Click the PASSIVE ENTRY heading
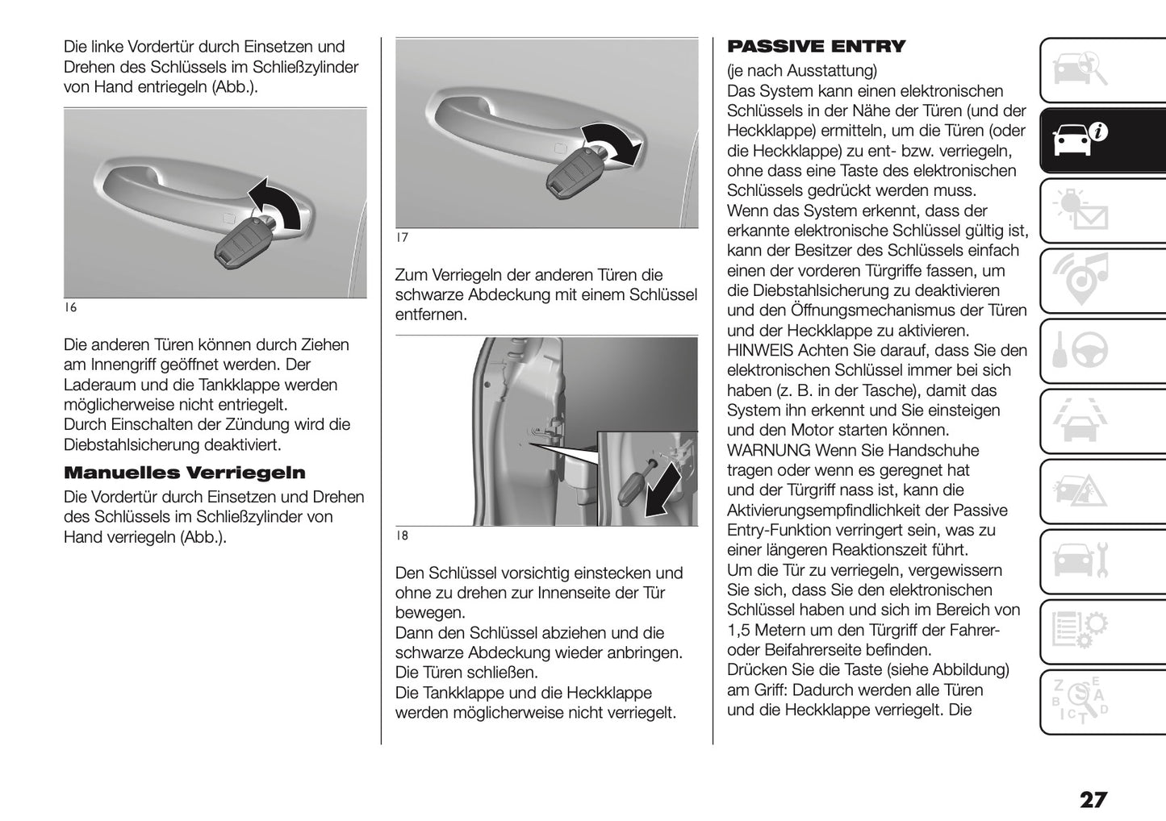[x=816, y=47]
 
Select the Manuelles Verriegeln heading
[x=184, y=473]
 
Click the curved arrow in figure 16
[x=277, y=203]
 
